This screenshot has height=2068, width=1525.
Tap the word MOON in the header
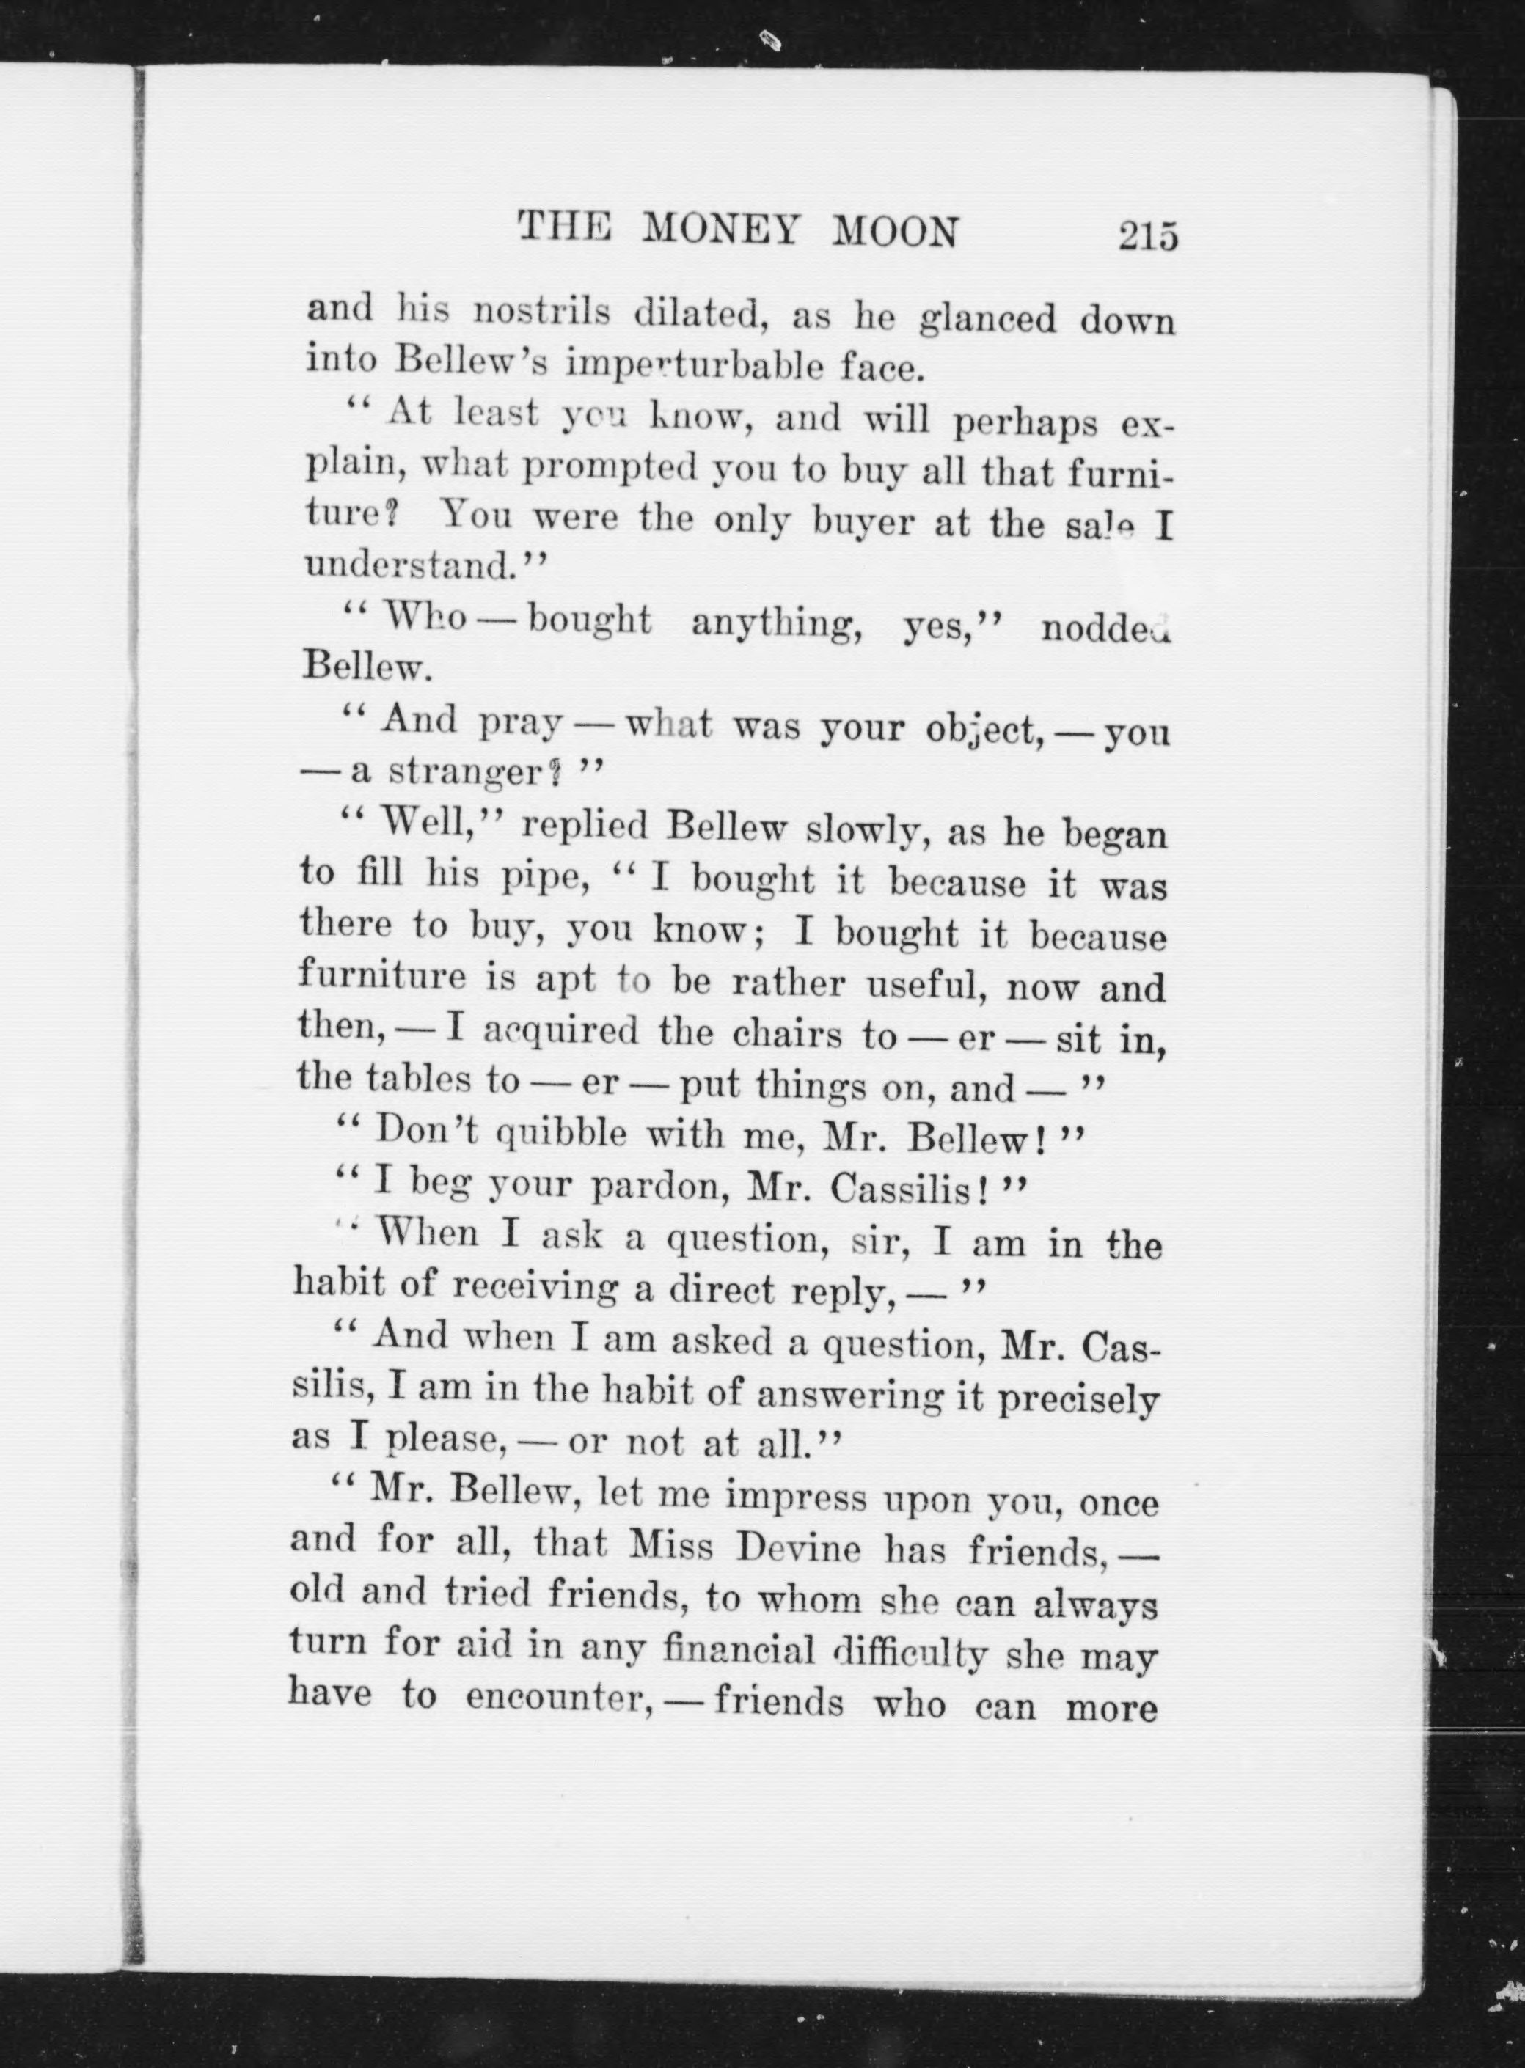click(x=896, y=232)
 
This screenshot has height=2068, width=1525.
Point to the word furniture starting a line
click(x=382, y=975)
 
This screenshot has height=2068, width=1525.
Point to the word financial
click(x=739, y=1649)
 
